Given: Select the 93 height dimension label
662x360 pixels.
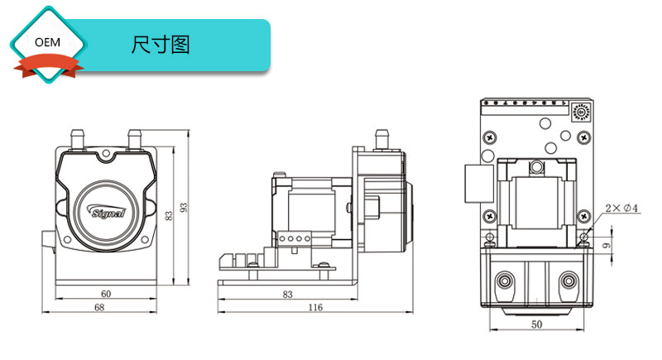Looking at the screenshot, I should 184,208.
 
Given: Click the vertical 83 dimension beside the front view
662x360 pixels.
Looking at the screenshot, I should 169,217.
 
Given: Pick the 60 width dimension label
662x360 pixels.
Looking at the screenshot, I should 106,294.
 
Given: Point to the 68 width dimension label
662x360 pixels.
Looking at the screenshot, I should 99,308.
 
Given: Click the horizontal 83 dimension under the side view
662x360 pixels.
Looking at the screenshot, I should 287,294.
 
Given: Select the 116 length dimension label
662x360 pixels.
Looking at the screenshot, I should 314,308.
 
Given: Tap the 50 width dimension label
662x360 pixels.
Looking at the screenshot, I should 536,325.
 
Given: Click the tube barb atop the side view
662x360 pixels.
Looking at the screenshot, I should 381,137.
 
